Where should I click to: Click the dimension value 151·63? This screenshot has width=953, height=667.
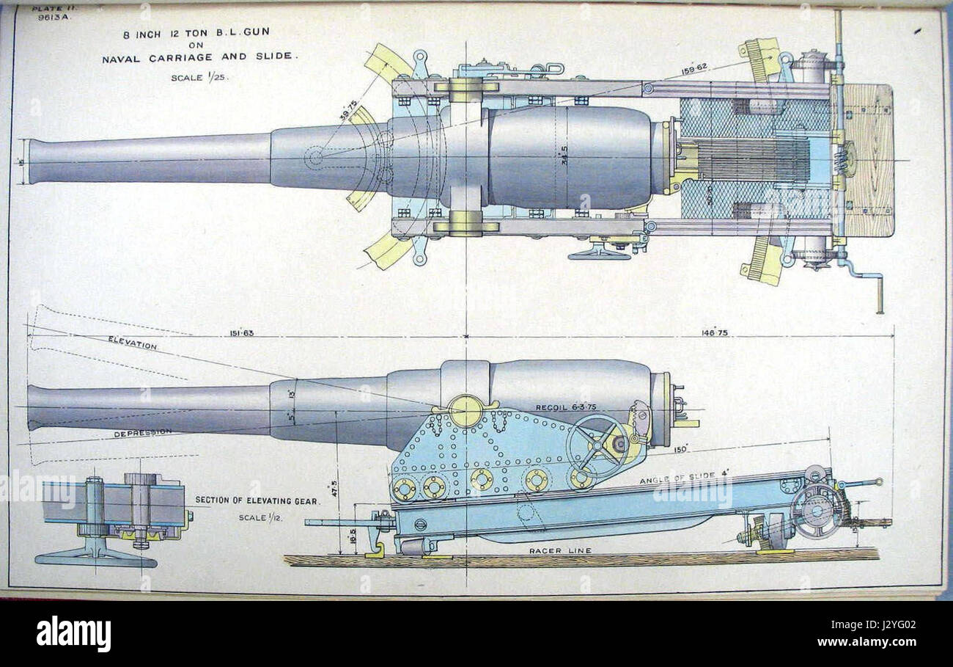[x=241, y=333]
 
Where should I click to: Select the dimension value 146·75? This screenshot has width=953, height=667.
[x=715, y=333]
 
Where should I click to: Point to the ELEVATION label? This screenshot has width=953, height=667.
[x=132, y=343]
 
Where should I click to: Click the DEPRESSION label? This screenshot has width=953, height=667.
[x=142, y=434]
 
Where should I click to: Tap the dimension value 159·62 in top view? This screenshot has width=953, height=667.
[x=694, y=68]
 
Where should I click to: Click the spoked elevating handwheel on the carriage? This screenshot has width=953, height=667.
[x=597, y=446]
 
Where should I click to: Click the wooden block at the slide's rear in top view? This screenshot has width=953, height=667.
[x=869, y=159]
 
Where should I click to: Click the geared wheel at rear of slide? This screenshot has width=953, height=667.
[x=816, y=510]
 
